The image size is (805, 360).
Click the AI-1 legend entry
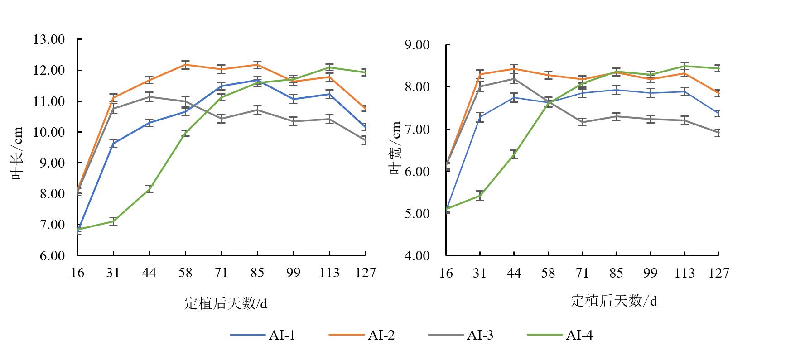tap(263, 335)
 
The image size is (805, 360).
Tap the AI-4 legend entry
tap(560, 335)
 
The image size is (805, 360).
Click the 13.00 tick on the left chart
tap(49, 40)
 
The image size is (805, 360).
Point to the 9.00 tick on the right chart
tap(417, 45)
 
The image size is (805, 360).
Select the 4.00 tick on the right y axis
tap(417, 256)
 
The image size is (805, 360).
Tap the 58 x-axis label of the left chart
tap(185, 273)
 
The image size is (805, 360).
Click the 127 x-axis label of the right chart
tap(718, 273)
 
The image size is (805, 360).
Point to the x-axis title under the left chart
tap(226, 303)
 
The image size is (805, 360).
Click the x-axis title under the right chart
tap(613, 301)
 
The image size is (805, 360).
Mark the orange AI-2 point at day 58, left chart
tap(185, 65)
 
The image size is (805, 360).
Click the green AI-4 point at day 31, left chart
tap(113, 221)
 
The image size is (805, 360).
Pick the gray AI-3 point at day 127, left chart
tap(365, 140)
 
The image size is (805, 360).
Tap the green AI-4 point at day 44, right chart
tap(514, 154)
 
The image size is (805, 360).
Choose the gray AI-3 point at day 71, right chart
tap(582, 122)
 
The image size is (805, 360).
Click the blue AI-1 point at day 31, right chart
tap(480, 117)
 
